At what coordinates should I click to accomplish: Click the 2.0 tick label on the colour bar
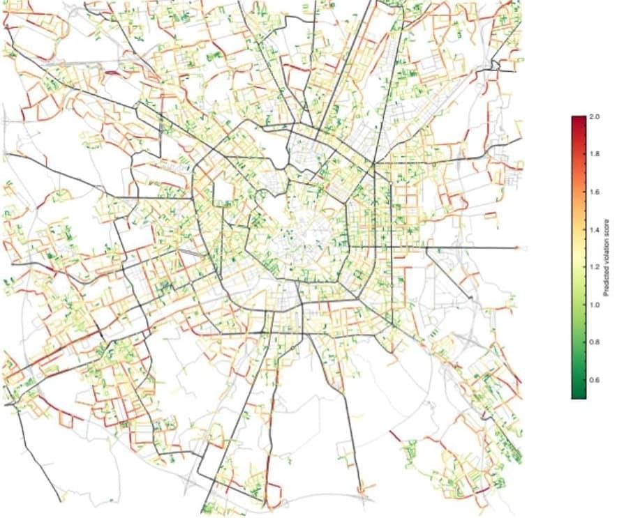point(594,116)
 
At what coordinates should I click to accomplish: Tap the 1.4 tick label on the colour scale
point(594,229)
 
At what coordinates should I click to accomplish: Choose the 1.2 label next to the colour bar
point(594,267)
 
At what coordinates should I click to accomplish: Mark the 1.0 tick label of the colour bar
point(594,305)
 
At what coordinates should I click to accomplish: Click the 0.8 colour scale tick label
point(594,342)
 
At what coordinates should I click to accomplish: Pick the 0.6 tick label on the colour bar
point(594,381)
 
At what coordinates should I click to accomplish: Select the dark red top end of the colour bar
point(579,119)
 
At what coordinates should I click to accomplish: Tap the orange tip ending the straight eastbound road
point(517,247)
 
